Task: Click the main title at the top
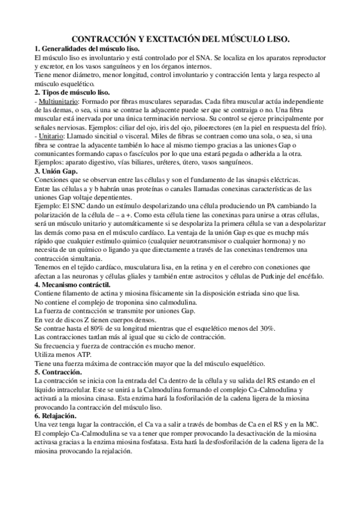tap(180, 39)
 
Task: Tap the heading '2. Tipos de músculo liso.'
tap(72, 92)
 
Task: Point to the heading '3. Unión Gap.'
tap(57, 172)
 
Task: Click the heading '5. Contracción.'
tap(60, 372)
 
